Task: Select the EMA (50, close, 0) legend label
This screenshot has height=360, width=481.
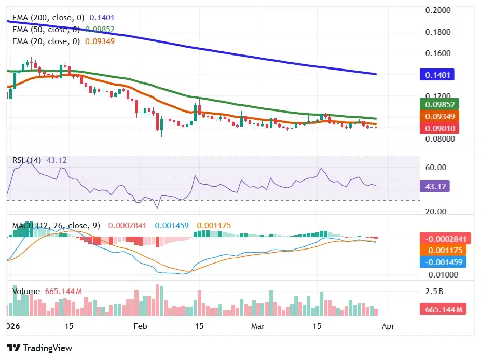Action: point(46,29)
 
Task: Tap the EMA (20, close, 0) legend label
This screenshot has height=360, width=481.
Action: point(46,41)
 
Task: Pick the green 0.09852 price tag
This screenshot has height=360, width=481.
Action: point(441,104)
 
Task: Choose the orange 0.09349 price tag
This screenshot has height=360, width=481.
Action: point(441,117)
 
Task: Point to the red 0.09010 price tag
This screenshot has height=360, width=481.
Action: point(441,128)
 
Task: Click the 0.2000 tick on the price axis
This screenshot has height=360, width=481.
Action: point(437,10)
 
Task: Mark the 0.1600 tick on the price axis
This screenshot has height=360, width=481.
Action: point(437,53)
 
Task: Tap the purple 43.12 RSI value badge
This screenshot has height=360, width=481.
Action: point(434,186)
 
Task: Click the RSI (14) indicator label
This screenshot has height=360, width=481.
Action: point(27,160)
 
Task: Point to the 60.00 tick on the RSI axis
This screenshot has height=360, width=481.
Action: point(436,168)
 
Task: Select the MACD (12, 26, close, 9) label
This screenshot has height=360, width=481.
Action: point(56,226)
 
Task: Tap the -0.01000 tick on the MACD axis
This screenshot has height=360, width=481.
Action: point(440,274)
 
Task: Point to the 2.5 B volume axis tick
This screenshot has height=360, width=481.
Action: point(434,292)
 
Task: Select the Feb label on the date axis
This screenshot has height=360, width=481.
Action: point(140,326)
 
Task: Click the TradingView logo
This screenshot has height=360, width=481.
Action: point(39,348)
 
